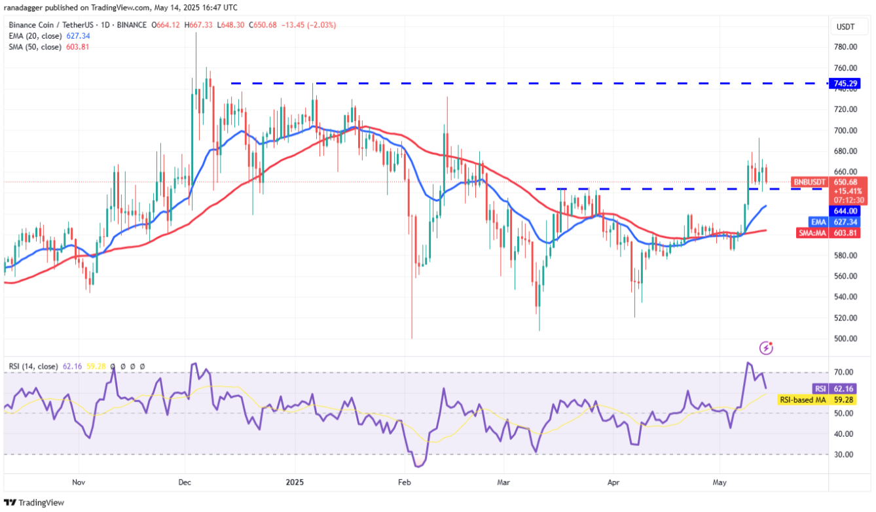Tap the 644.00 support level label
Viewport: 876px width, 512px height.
pyautogui.click(x=846, y=211)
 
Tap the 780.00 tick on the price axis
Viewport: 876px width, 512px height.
pyautogui.click(x=845, y=47)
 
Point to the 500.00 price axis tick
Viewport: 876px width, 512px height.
pyautogui.click(x=845, y=339)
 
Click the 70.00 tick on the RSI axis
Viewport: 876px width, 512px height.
pyautogui.click(x=843, y=372)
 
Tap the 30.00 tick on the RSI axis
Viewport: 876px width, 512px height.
pyautogui.click(x=843, y=454)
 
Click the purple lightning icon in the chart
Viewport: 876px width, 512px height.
pyautogui.click(x=766, y=348)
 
